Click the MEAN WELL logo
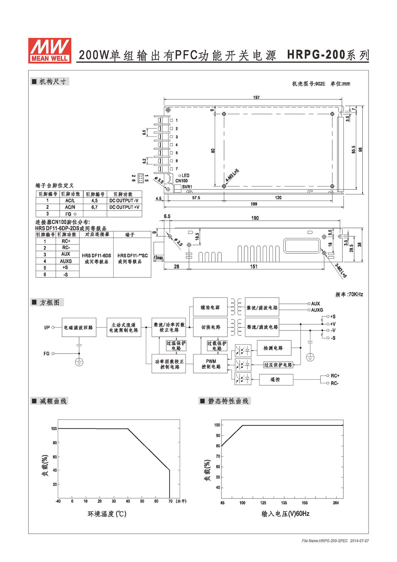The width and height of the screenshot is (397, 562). [50, 50]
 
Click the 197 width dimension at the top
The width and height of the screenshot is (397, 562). [256, 97]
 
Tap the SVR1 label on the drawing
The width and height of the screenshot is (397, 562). [187, 187]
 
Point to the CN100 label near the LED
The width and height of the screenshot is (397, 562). [182, 181]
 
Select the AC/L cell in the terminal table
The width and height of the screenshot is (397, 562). [70, 201]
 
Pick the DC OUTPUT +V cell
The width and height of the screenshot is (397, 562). [124, 207]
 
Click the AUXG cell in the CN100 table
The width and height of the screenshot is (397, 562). [66, 261]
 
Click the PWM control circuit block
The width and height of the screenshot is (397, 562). [211, 364]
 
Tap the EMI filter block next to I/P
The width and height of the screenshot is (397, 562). [79, 327]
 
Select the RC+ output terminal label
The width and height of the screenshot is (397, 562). [335, 375]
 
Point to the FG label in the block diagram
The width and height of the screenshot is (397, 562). [46, 354]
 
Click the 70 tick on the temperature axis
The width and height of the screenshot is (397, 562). [170, 501]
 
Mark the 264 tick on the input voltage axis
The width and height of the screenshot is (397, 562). [336, 503]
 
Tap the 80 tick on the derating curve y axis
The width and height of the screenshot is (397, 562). [55, 443]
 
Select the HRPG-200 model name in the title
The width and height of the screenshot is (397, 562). [316, 55]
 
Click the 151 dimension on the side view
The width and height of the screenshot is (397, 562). [254, 266]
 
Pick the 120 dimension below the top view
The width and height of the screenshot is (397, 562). [278, 198]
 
